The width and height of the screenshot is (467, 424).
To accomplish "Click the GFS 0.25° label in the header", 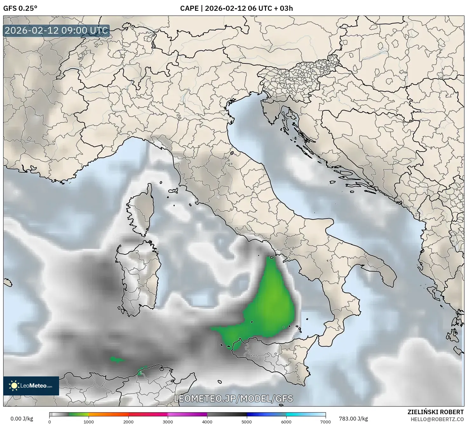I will [x=20, y=8].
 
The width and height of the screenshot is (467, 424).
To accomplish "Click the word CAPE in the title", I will [x=189, y=8].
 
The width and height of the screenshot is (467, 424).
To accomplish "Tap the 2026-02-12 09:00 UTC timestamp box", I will [x=57, y=31].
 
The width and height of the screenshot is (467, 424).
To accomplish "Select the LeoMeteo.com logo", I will [x=31, y=386].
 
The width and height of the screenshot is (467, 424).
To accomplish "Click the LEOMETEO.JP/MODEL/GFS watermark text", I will [x=233, y=398].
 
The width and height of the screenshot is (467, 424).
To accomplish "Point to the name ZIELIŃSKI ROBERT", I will [x=436, y=412].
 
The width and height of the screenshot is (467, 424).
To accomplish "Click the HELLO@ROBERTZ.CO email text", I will [x=437, y=419].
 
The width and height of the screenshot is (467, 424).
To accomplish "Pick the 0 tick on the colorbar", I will [x=50, y=421].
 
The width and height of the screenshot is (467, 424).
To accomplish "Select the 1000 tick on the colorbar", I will [x=89, y=421].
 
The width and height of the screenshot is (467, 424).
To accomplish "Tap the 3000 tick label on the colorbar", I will [x=168, y=421].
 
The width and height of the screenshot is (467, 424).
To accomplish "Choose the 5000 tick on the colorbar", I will [x=247, y=421].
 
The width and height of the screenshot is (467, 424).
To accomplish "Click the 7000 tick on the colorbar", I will [x=326, y=421].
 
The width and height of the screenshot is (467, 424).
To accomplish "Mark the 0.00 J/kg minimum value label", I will [x=22, y=419].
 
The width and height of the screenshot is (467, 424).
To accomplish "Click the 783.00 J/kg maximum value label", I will [x=353, y=419].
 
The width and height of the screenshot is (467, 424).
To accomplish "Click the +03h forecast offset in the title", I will [x=284, y=8].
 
